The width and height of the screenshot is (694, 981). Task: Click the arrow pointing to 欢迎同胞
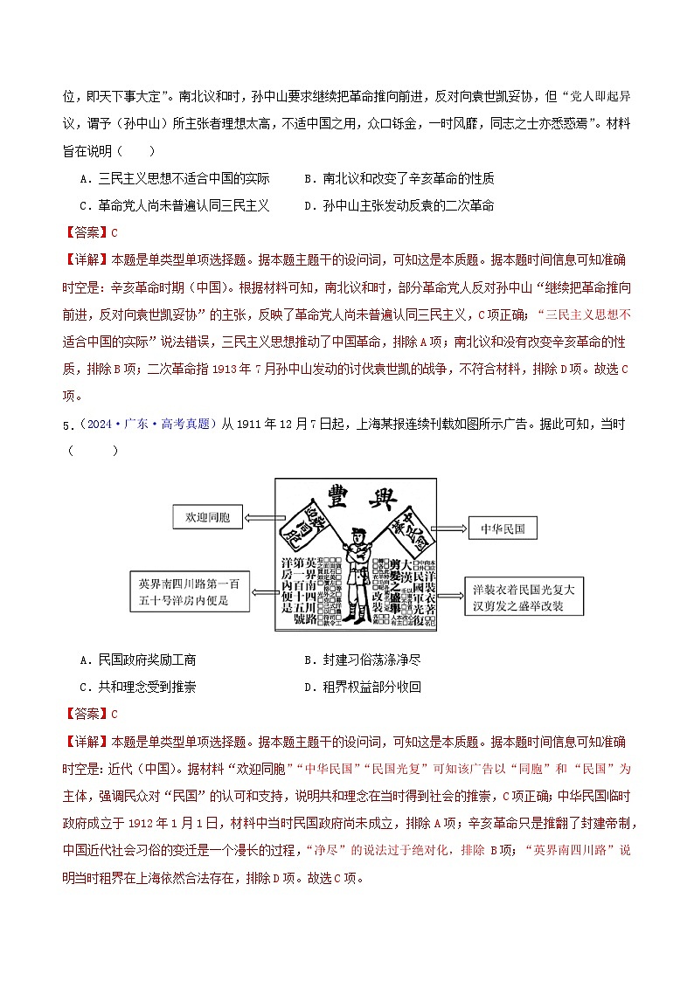[x=259, y=518]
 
